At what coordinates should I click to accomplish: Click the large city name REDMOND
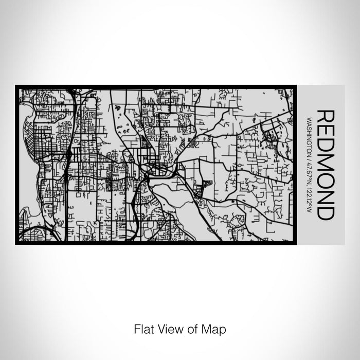tap(326, 165)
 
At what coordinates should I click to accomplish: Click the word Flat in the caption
tap(143, 328)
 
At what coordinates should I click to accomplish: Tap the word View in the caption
tap(170, 328)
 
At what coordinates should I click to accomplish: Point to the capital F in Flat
tap(137, 328)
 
